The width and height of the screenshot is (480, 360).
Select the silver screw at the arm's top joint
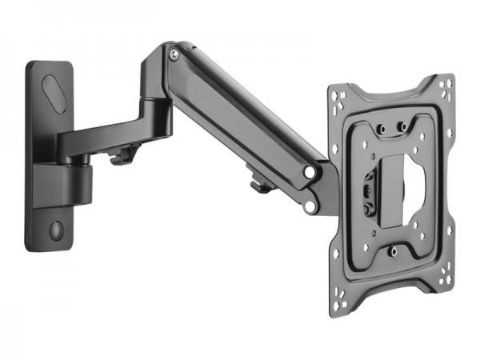(174, 54)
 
